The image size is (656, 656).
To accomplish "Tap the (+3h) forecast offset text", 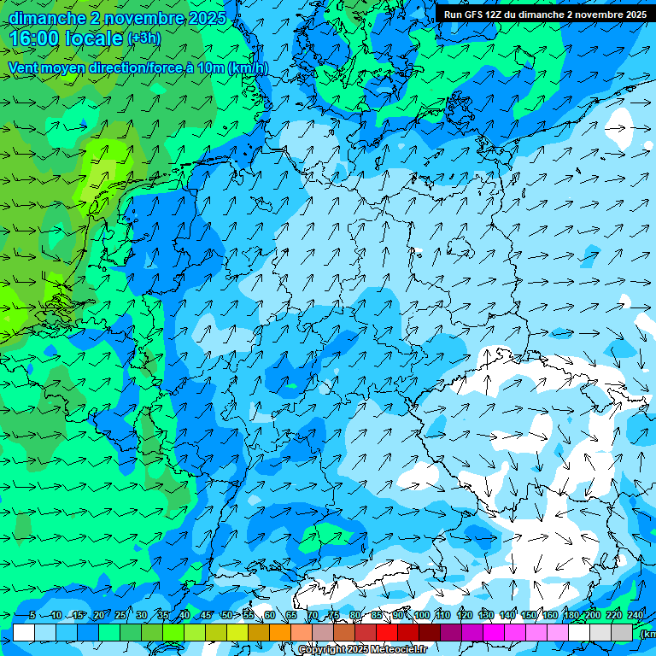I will pyautogui.click(x=143, y=38).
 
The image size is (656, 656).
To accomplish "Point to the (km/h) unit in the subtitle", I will pyautogui.click(x=248, y=68).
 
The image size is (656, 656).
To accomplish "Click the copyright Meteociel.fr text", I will pyautogui.click(x=363, y=650).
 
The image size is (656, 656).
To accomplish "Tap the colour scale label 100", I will pyautogui.click(x=421, y=616).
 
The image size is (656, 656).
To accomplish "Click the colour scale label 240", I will pyautogui.click(x=635, y=616).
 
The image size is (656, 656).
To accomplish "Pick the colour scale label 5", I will pyautogui.click(x=32, y=616).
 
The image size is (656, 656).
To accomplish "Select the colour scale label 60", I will pyautogui.click(x=269, y=616).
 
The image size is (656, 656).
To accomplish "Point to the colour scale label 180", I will pyautogui.click(x=571, y=616).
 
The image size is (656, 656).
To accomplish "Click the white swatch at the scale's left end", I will pyautogui.click(x=24, y=632).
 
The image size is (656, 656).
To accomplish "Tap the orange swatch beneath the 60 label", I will pyautogui.click(x=259, y=632).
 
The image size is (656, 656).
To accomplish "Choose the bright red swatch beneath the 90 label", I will pyautogui.click(x=387, y=632).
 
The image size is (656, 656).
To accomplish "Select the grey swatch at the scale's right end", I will pyautogui.click(x=622, y=632).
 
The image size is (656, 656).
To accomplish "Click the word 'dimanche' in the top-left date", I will pyautogui.click(x=46, y=18).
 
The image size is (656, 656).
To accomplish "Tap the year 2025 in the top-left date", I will pyautogui.click(x=206, y=18).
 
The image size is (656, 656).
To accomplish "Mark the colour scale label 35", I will pyautogui.click(x=162, y=616).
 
